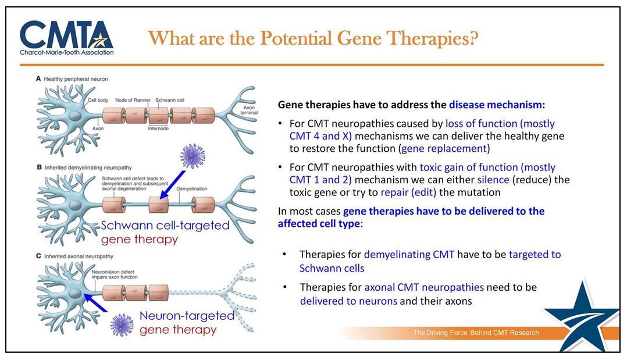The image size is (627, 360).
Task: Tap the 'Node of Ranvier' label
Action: coord(133,100)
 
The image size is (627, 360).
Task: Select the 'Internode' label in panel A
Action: coord(159,129)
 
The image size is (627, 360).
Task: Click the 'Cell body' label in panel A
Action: coord(98,100)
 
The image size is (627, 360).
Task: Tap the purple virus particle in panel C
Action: coord(122,323)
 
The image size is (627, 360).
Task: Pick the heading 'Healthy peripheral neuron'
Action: coord(76,79)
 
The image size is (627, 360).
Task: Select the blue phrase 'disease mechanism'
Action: coord(494,105)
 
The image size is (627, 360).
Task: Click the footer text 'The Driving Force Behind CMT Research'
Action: coord(476,333)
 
